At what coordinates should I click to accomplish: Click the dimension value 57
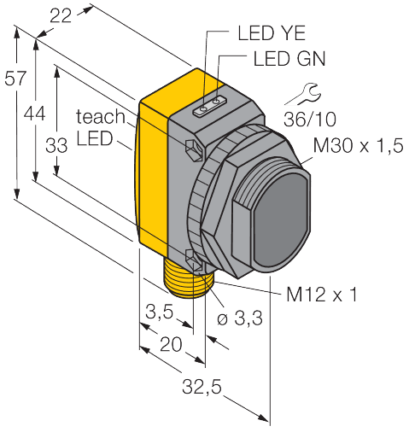click(x=14, y=79)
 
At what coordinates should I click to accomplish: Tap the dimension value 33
click(x=56, y=146)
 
